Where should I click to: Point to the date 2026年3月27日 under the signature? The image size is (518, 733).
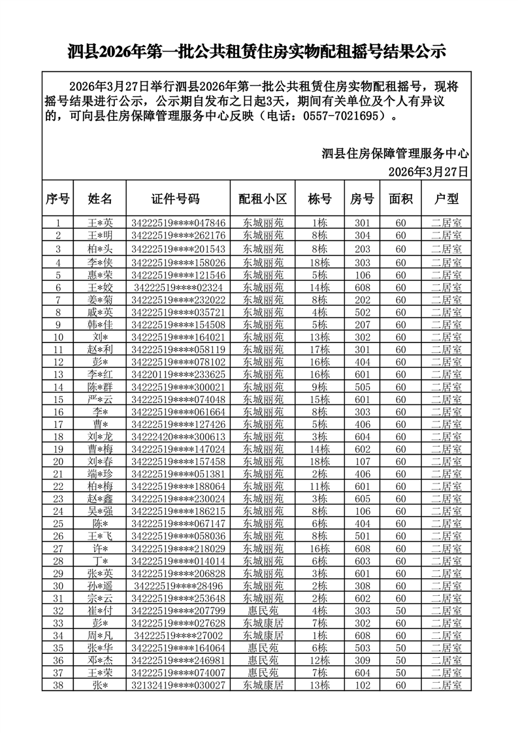429,172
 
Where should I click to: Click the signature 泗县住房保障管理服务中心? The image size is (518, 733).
396,154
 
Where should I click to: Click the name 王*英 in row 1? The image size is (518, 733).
101,223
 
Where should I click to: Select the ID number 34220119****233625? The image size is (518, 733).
178,374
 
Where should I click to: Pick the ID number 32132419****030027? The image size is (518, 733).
178,685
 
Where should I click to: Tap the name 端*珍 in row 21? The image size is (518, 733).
101,474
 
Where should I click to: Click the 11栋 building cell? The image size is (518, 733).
320,486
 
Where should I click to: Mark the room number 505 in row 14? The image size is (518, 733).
363,387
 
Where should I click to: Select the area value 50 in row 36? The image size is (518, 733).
401,660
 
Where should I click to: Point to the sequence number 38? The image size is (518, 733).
58,685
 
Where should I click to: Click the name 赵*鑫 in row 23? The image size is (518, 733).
101,498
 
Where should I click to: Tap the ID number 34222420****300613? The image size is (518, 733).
178,436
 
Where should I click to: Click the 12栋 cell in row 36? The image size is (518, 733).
320,660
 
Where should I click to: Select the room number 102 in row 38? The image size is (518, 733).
363,685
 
